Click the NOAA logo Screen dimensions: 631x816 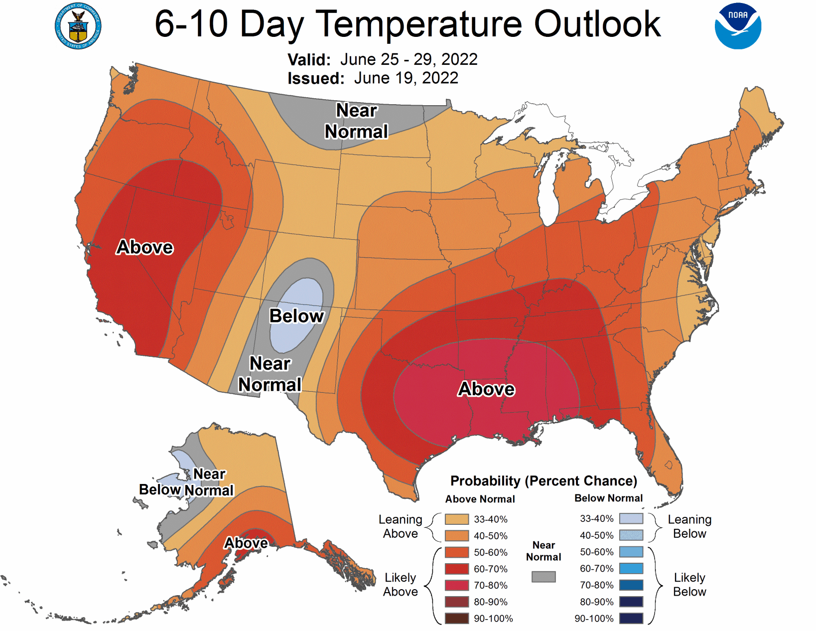click(737, 26)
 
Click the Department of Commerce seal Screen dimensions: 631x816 click(78, 26)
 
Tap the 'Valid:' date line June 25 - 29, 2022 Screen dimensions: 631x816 click(382, 59)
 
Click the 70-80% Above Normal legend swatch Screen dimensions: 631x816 click(456, 585)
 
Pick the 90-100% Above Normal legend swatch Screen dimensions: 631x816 click(456, 619)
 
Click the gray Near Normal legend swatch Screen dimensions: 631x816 click(543, 577)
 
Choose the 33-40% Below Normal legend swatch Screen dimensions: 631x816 click(631, 518)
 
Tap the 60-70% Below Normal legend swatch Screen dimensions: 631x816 click(631, 568)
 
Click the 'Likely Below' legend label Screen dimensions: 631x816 click(689, 585)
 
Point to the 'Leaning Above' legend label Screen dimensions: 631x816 click(400, 526)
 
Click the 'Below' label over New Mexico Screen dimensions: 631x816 click(296, 316)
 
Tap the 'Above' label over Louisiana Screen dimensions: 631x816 click(486, 389)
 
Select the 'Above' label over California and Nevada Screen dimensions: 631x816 click(144, 247)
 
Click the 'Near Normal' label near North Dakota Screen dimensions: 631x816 click(356, 121)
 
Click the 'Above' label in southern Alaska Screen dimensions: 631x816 click(246, 543)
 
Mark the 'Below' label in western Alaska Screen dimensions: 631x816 click(159, 489)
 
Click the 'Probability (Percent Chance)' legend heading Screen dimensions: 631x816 click(544, 481)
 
